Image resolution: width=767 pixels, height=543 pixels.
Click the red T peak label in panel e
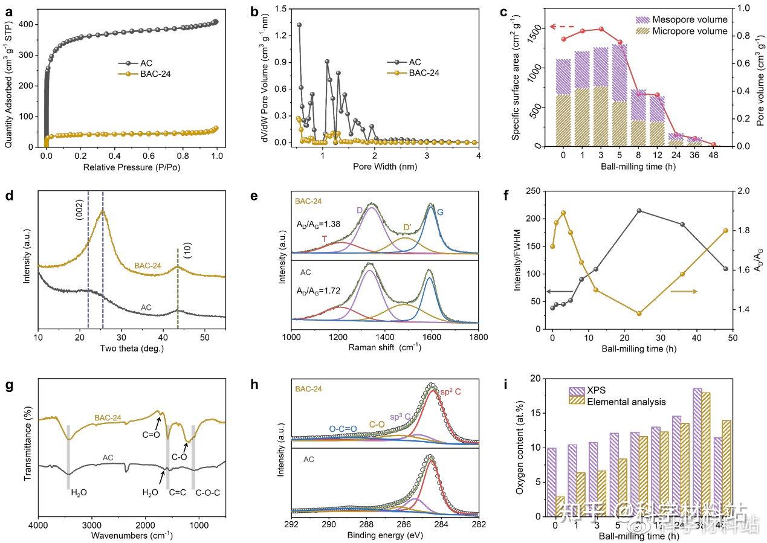point(325,239)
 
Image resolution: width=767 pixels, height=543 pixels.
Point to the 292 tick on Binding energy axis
point(292,524)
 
